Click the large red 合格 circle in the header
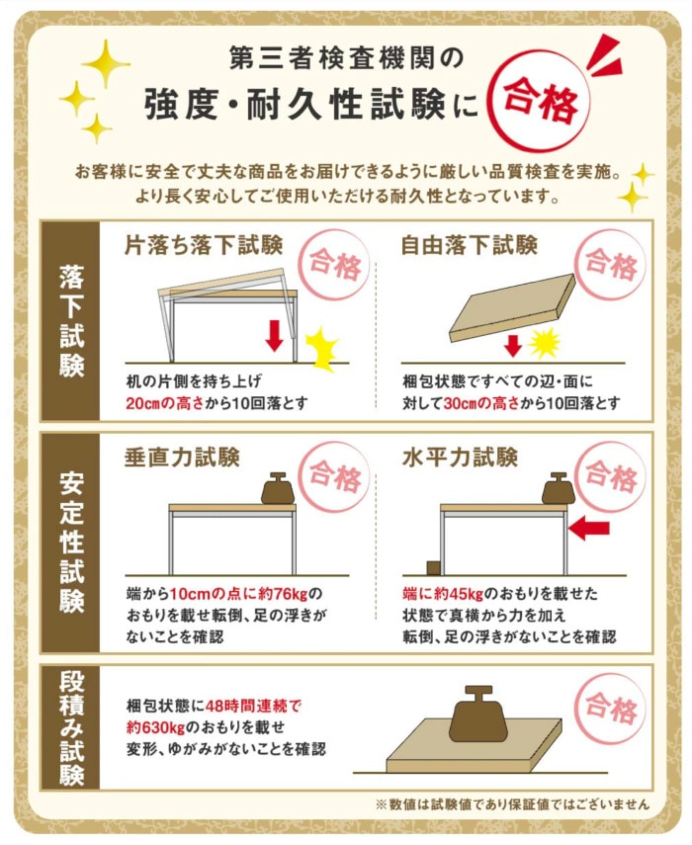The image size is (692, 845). pos(539,103)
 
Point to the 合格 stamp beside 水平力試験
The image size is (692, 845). pos(610,477)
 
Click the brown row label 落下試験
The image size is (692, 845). pos(70,320)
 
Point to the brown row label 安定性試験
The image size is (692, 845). pos(70,542)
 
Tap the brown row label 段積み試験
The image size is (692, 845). pos(70,726)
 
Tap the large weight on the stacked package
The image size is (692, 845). pos(480,718)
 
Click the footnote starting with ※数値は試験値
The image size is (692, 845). pos(513,803)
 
